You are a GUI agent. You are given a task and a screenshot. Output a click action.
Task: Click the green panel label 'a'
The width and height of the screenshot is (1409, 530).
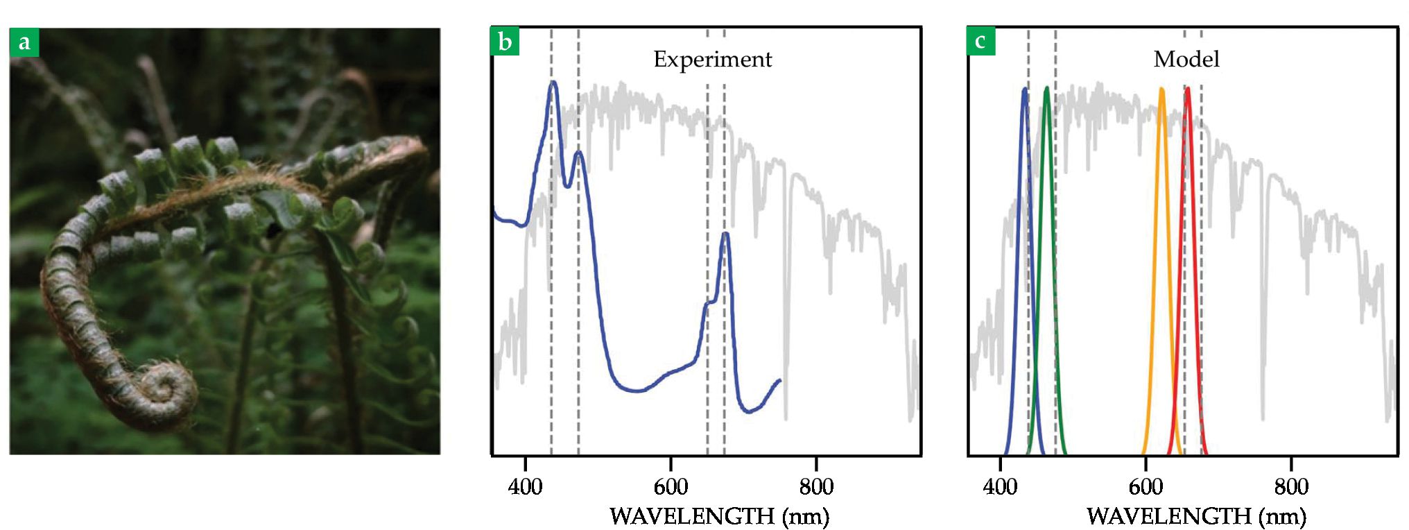[24, 42]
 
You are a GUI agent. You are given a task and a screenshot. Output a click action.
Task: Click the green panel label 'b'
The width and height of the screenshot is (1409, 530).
[505, 42]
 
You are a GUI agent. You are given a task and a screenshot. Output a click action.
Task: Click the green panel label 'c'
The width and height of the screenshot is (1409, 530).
[980, 41]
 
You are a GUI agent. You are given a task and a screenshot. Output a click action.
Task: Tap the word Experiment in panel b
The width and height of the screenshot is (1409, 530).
[712, 60]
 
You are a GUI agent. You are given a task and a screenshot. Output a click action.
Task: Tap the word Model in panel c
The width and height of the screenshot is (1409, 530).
[1186, 60]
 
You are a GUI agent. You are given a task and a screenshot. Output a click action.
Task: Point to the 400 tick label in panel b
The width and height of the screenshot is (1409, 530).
[525, 487]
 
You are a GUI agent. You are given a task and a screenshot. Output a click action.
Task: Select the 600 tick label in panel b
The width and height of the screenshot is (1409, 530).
[671, 487]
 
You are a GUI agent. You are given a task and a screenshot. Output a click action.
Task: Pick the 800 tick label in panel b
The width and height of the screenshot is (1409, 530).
[816, 487]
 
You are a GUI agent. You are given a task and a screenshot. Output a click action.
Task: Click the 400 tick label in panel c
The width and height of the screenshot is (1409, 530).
[1000, 487]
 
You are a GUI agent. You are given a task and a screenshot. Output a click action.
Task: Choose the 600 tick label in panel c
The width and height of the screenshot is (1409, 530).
[1146, 487]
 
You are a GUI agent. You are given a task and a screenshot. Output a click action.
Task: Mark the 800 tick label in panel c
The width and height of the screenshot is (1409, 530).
[1291, 487]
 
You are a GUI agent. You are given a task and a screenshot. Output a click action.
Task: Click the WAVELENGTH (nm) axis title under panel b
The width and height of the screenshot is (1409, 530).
[719, 517]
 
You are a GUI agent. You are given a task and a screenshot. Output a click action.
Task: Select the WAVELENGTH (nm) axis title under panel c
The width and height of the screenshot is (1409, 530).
[1196, 517]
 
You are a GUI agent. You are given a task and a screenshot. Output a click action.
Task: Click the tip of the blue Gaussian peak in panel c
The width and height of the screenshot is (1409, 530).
[1024, 89]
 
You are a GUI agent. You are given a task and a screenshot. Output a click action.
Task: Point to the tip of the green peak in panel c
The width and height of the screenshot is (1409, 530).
[1046, 88]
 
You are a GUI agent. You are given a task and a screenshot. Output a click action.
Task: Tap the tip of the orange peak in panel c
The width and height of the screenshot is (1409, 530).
[1161, 89]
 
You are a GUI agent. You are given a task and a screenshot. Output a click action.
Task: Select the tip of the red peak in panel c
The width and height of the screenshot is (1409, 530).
[1187, 88]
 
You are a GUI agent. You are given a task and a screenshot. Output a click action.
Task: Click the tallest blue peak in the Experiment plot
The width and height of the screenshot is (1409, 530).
[553, 83]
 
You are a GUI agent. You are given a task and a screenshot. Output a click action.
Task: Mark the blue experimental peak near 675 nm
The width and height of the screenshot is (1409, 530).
[725, 234]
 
